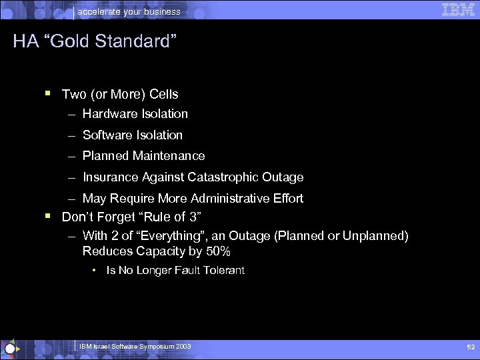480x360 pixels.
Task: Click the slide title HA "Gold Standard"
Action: point(95,42)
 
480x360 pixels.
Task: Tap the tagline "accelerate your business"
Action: point(129,11)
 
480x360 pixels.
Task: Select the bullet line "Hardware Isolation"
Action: point(135,114)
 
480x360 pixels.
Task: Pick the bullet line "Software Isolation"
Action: point(132,135)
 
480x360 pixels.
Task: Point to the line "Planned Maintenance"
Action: point(143,156)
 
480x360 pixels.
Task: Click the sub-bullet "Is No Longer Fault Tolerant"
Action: point(175,271)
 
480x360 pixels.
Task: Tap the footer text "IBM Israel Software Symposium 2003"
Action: point(135,347)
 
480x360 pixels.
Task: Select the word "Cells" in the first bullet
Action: point(163,95)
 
